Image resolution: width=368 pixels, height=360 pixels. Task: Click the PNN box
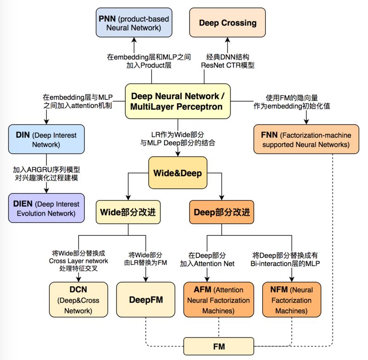[x=134, y=23]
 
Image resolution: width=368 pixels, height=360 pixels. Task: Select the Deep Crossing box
[x=227, y=23]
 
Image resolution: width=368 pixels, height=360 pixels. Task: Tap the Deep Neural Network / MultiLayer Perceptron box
[x=178, y=101]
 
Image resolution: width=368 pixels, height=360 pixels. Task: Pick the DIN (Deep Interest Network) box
[x=46, y=139]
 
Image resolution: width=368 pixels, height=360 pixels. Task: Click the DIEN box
[x=46, y=208]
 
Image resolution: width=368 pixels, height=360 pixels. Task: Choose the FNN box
[x=306, y=139]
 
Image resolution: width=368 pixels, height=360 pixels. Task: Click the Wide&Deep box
[x=178, y=173]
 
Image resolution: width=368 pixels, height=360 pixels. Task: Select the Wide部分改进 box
[x=128, y=212]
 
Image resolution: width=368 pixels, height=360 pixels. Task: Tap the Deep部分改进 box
[x=222, y=212]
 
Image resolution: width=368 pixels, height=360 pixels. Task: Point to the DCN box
[x=78, y=299]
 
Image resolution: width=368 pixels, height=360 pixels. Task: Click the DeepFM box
[x=146, y=299]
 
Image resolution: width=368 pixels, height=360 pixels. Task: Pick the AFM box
[x=219, y=299]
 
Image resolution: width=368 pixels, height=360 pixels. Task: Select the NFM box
[x=292, y=299]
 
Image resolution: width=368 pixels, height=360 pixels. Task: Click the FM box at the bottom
[x=219, y=346]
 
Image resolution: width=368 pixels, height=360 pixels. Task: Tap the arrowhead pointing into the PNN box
[x=134, y=40]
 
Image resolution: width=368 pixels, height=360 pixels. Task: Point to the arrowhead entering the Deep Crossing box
[x=227, y=40]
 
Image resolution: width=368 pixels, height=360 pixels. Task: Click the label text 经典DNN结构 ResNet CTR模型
[x=228, y=61]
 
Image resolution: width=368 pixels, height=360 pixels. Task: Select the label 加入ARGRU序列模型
[x=46, y=169]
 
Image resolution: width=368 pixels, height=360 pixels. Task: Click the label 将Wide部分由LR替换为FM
[x=145, y=259]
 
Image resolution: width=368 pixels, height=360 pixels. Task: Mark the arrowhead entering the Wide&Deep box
[x=178, y=154]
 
